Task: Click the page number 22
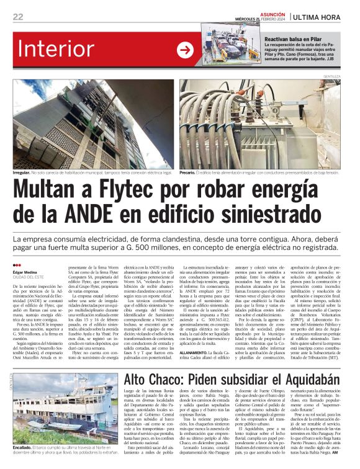point(19,17)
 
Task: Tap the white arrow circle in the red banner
point(185,50)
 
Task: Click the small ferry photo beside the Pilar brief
point(230,45)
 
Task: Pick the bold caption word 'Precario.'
point(191,172)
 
